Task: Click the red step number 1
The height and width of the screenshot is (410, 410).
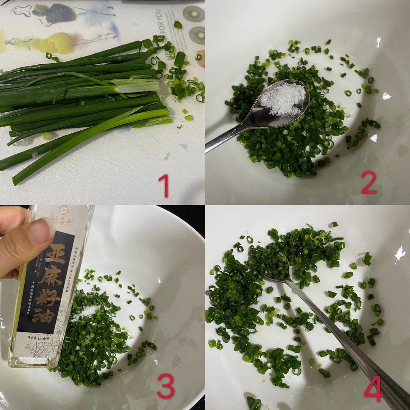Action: pos(164,185)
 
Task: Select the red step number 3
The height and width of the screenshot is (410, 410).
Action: pos(166,386)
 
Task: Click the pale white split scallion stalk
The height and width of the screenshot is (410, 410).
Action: pos(137,86)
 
